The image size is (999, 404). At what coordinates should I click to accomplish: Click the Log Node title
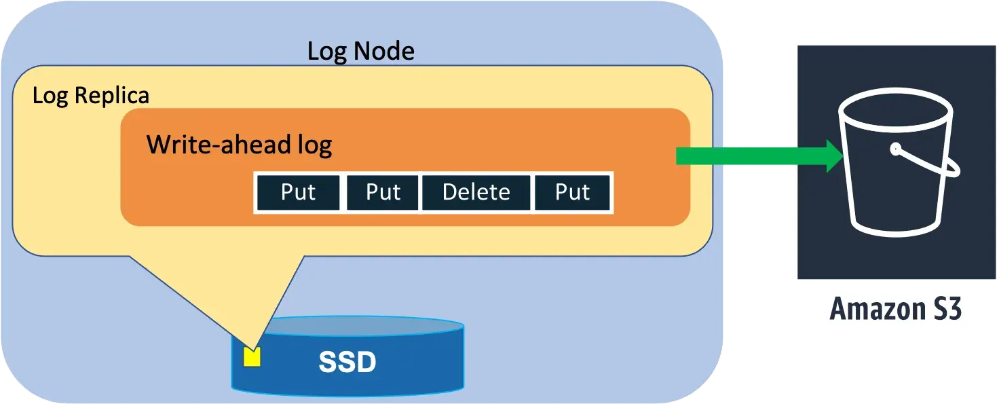360,51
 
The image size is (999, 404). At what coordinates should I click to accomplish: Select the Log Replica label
91,95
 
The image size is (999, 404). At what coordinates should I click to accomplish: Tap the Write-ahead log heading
239,145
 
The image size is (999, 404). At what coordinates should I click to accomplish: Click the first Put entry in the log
298,192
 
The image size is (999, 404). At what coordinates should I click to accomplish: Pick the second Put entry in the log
383,192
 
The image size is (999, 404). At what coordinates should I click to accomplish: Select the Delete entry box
476,192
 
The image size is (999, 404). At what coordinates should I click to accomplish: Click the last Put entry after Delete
572,192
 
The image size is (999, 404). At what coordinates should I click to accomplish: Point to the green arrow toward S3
747,155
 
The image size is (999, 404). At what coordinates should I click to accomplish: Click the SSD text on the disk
347,363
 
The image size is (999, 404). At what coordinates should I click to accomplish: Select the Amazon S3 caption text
895,310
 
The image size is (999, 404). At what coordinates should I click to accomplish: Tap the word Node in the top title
387,51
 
